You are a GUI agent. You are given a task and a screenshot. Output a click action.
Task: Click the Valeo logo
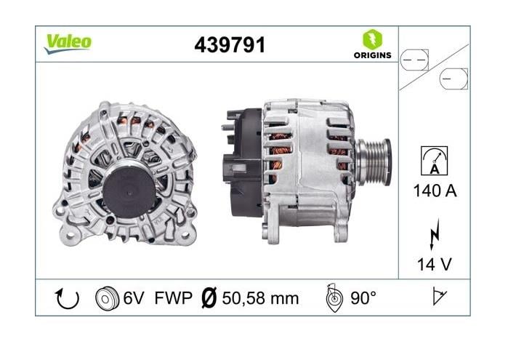[x=68, y=44]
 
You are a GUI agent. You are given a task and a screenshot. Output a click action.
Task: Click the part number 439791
[x=230, y=45]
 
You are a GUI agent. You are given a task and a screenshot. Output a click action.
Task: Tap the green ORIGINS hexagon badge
[x=372, y=39]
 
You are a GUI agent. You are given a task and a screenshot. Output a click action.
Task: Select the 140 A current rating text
[x=435, y=191]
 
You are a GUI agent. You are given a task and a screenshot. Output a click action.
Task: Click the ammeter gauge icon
[x=435, y=161]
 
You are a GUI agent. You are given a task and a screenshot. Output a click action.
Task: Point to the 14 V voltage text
[x=435, y=264]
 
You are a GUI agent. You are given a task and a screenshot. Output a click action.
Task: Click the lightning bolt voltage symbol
[x=435, y=234]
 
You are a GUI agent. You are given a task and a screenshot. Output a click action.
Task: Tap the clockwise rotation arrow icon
[x=67, y=298]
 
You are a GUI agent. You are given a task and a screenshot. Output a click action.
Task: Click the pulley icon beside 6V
[x=108, y=298]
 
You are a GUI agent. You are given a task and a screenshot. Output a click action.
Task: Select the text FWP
[x=173, y=298]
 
